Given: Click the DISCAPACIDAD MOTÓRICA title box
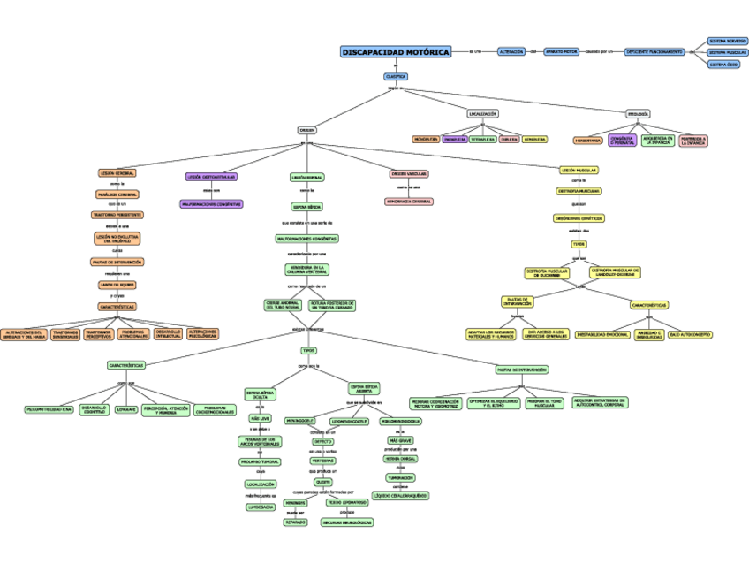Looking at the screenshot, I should (395, 52).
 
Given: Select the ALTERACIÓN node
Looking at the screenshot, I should (511, 52).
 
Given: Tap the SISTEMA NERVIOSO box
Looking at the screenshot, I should (728, 41).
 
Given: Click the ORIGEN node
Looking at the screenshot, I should (306, 130).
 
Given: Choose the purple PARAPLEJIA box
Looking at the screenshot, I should (455, 139).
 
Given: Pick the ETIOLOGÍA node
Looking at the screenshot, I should (638, 114).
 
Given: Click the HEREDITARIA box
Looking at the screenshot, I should (587, 140).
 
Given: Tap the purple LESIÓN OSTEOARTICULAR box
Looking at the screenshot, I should (210, 177).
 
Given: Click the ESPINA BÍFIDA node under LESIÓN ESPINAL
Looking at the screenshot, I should (307, 206).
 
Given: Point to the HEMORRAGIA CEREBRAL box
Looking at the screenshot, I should (408, 202).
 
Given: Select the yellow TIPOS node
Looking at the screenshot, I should (579, 244).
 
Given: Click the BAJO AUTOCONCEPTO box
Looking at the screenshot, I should (690, 335).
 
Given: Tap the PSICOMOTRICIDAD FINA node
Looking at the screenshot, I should (49, 409).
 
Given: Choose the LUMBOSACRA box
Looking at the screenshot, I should (261, 507).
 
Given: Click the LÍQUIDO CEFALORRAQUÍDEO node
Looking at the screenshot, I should (400, 496).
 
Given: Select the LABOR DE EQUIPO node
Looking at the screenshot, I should (117, 285).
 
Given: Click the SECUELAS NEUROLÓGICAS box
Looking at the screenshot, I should (347, 522).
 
